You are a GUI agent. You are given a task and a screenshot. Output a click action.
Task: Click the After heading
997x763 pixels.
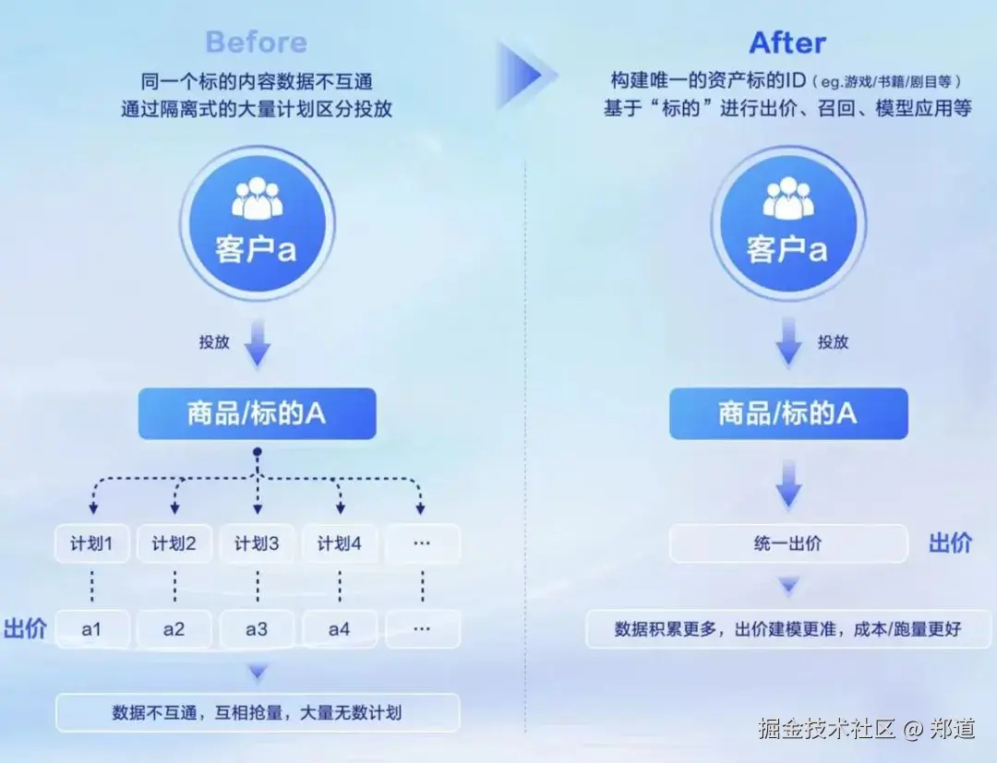point(787,42)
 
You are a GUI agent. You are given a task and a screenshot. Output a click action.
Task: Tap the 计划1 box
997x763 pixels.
point(91,544)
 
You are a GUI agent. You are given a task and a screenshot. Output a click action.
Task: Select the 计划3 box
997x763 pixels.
point(257,544)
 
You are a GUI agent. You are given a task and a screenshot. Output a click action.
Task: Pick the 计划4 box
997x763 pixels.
point(339,544)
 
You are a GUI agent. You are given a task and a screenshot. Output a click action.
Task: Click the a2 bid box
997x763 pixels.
point(174,630)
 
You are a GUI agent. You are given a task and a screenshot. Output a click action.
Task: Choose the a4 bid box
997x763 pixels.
point(339,630)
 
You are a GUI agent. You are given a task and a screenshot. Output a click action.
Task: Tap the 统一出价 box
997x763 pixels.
point(787,544)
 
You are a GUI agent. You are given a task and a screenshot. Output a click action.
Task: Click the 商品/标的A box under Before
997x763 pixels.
point(257,413)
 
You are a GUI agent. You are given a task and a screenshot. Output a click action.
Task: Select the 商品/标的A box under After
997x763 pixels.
point(787,413)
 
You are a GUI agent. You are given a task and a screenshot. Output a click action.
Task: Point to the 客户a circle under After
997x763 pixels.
point(787,223)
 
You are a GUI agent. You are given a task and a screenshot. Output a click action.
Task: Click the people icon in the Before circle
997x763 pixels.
point(257,197)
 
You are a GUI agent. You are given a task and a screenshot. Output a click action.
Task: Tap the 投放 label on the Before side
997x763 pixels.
point(214,342)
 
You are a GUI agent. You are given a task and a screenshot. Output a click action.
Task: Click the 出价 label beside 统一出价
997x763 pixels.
point(950,542)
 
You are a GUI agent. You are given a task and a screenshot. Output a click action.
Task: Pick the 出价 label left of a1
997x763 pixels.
point(25,630)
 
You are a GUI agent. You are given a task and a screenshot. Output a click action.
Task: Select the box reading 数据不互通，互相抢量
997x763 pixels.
point(257,713)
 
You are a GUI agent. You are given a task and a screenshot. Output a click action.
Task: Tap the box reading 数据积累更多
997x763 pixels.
point(787,630)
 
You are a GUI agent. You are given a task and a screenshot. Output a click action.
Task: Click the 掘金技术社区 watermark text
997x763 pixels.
point(826,729)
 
